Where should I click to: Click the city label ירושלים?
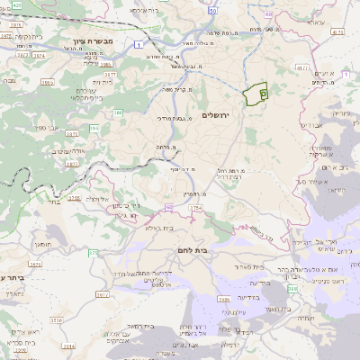click(218, 114)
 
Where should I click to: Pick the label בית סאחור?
click(245, 267)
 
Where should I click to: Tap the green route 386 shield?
click(118, 112)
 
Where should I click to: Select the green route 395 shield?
click(94, 128)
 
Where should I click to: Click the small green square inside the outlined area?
click(262, 93)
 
